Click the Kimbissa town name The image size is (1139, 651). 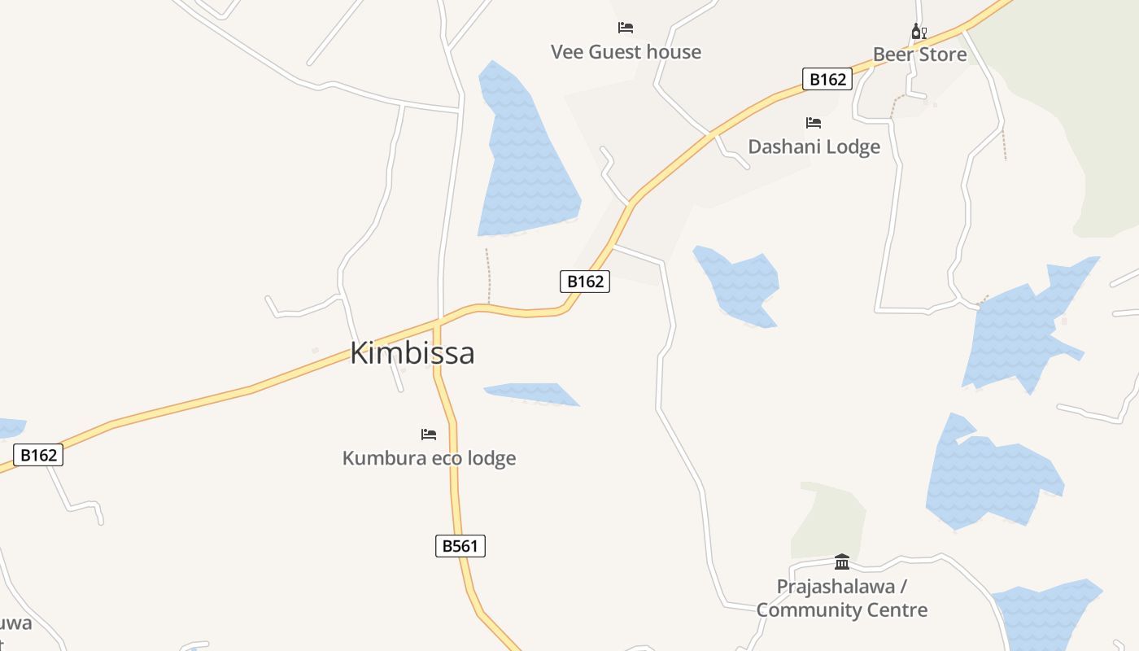point(412,353)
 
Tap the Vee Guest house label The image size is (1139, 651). point(626,52)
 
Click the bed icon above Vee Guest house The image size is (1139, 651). point(626,28)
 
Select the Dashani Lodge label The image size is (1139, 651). point(814,146)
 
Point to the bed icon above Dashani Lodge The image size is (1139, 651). point(814,123)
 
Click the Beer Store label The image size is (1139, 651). point(919,55)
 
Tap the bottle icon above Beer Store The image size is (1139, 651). point(919,32)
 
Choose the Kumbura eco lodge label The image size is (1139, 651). point(429,458)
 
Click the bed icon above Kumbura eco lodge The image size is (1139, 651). point(429,435)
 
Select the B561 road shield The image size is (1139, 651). point(460,546)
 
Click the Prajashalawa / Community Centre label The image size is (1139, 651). point(842,598)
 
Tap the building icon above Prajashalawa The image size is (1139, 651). point(842,561)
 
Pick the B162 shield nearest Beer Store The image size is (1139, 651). point(827,79)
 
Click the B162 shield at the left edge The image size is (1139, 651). point(38,455)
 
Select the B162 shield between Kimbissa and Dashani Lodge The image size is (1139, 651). point(585,282)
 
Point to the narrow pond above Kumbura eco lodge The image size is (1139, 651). point(533,394)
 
